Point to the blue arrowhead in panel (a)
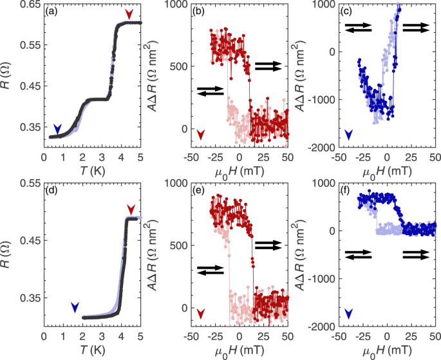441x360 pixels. point(58,129)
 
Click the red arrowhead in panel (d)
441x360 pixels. point(131,209)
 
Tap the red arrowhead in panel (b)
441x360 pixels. point(201,134)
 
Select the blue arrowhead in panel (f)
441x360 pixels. point(348,314)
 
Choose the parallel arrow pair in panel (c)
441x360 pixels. point(417,27)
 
